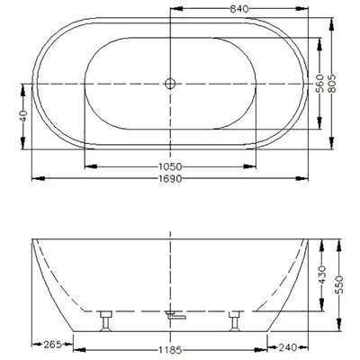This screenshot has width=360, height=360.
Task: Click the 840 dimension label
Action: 239,9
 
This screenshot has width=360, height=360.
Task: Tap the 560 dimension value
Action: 320,84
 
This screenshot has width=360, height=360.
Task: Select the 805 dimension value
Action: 331,83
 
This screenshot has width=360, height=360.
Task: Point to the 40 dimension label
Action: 23,116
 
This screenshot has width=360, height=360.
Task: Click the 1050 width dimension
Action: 170,166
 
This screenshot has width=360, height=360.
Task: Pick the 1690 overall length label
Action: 170,179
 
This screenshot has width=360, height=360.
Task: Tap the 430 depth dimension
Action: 322,274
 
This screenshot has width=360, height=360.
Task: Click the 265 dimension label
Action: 53,344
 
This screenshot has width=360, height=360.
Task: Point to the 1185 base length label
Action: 170,350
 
